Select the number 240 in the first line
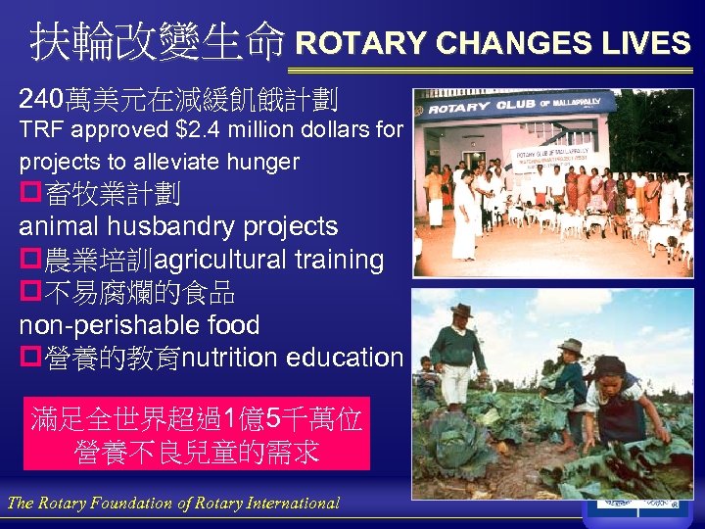click(x=40, y=99)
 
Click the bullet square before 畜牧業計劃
click(x=28, y=194)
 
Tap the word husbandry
click(x=173, y=226)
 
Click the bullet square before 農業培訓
click(x=28, y=260)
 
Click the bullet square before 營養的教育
click(x=28, y=358)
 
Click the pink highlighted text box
click(x=197, y=434)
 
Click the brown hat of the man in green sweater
click(x=460, y=311)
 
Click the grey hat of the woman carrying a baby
click(x=570, y=347)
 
